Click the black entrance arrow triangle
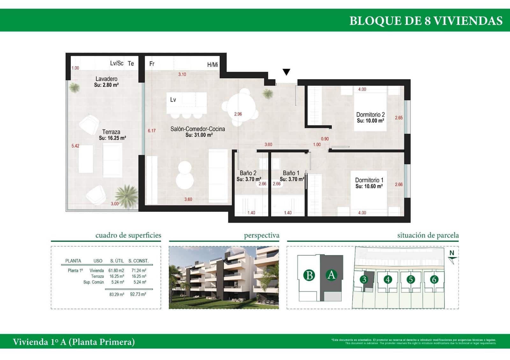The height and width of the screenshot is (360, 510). pyautogui.click(x=287, y=72)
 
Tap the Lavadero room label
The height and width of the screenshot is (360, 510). pyautogui.click(x=106, y=79)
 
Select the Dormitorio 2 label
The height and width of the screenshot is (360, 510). pyautogui.click(x=370, y=115)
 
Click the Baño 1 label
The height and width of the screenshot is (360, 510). pyautogui.click(x=291, y=173)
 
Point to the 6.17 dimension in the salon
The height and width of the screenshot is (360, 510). pyautogui.click(x=152, y=131)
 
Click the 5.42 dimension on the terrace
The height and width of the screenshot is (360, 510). pyautogui.click(x=75, y=146)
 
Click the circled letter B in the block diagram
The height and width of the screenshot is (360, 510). pyautogui.click(x=309, y=275)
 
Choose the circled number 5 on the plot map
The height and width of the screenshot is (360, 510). pyautogui.click(x=411, y=279)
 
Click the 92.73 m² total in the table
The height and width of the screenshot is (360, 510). pyautogui.click(x=138, y=294)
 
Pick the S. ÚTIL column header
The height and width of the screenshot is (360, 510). pyautogui.click(x=117, y=261)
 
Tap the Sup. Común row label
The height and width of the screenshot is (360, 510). pyautogui.click(x=93, y=282)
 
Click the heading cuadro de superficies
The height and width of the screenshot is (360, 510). pyautogui.click(x=128, y=235)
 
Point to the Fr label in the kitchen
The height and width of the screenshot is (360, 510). pyautogui.click(x=152, y=64)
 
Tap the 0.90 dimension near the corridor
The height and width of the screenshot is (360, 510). pyautogui.click(x=325, y=139)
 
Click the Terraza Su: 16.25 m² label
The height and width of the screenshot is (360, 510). pyautogui.click(x=112, y=135)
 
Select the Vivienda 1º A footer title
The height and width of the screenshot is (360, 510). pyautogui.click(x=74, y=342)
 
